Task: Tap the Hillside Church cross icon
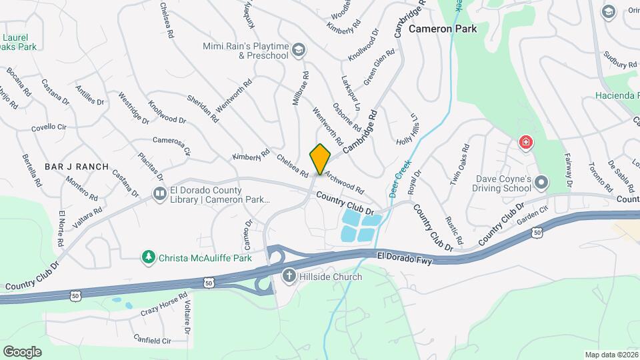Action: tap(289, 276)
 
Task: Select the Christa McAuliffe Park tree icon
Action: tap(149, 257)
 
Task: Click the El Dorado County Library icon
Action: tap(160, 194)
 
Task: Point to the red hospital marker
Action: tap(526, 143)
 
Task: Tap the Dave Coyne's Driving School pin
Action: tap(541, 182)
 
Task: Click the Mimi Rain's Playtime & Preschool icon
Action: tap(299, 50)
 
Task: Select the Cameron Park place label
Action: tap(443, 29)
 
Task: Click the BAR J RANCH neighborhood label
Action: tap(77, 166)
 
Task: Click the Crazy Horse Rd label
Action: tap(163, 305)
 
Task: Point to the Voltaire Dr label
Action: tap(187, 316)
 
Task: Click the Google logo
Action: tap(22, 351)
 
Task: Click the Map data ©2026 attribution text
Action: tap(611, 355)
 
